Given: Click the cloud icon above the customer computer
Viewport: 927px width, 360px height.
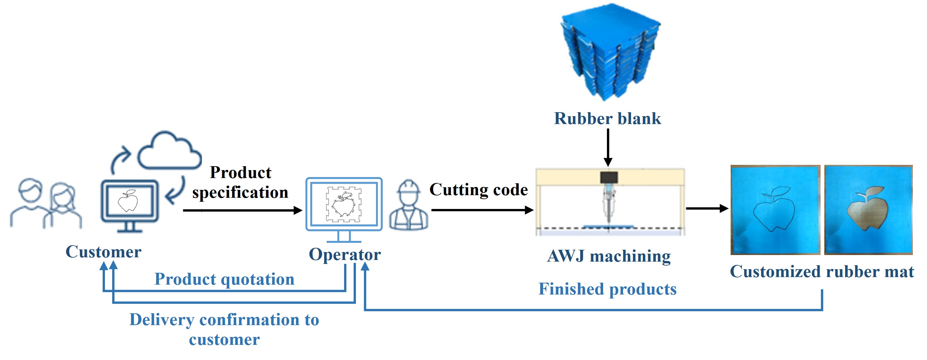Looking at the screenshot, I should point(169,151).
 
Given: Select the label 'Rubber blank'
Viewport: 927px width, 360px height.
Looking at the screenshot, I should point(608,119).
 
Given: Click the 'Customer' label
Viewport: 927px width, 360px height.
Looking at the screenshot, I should point(103,252).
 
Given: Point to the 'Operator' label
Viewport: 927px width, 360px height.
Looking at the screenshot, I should point(345,254).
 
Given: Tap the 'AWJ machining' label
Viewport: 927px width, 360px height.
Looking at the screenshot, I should point(609,256).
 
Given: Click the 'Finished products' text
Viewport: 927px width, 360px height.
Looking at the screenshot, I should point(608,289).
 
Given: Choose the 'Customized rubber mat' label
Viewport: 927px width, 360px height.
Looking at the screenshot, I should point(821,272).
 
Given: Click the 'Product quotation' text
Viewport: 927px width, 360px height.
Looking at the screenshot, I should point(224,279).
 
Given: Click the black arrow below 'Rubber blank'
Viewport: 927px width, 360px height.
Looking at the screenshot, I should point(608,148).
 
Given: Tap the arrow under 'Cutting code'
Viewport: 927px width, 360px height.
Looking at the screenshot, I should point(482,210).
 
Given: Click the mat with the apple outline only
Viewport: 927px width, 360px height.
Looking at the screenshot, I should point(775,210).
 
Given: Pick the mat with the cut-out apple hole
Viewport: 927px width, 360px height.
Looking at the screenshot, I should point(868,210).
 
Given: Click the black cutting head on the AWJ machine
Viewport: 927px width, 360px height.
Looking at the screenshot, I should point(609,177).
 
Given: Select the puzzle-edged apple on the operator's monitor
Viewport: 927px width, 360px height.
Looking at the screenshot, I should point(344,204).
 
